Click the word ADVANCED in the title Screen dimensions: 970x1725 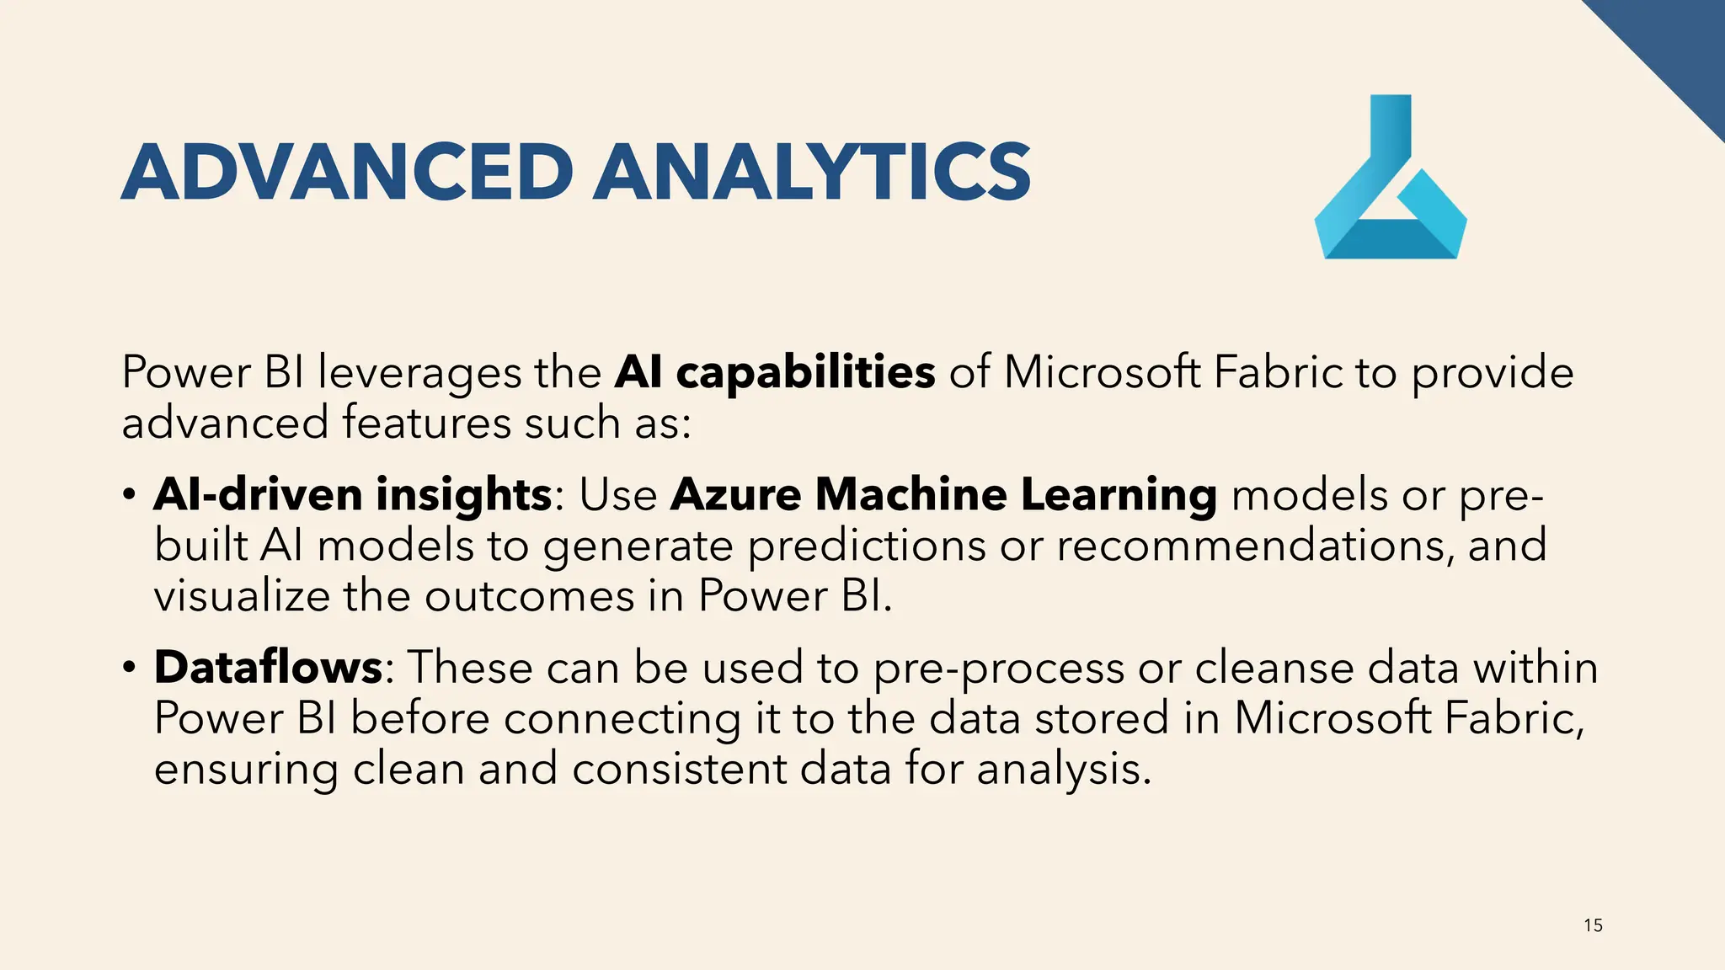[x=347, y=172]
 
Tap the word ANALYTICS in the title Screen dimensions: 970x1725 [x=812, y=172]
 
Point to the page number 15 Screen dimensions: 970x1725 [x=1593, y=925]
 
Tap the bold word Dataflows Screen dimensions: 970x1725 [x=269, y=667]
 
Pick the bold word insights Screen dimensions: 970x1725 [x=463, y=494]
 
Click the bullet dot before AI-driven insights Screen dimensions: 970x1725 [x=129, y=494]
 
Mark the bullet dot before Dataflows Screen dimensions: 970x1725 [x=129, y=668]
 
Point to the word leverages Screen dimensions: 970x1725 [x=419, y=374]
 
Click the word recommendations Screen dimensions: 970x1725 [x=1254, y=546]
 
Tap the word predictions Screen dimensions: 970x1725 [x=867, y=546]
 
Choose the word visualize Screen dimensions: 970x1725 [x=242, y=596]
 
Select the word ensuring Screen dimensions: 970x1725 [x=246, y=770]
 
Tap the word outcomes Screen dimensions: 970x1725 [x=529, y=596]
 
